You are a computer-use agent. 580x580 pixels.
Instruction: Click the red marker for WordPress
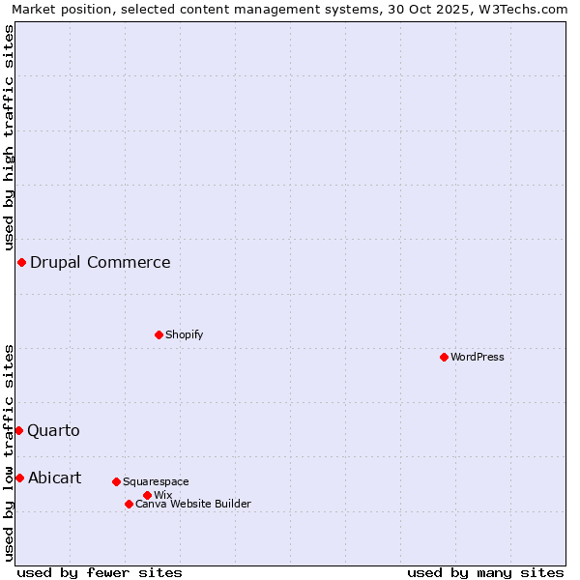pos(444,357)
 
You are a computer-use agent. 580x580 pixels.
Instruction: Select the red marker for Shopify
pos(159,334)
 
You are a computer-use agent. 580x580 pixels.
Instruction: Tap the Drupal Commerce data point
pos(21,262)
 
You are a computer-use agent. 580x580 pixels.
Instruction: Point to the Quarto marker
pos(18,430)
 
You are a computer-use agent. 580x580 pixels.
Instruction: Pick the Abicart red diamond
pos(19,478)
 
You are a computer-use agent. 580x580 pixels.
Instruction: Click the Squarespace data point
pos(116,481)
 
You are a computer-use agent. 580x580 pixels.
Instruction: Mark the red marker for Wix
pos(147,495)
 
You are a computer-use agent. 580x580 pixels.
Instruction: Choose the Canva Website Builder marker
pos(129,504)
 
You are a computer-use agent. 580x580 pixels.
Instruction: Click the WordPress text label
pos(478,357)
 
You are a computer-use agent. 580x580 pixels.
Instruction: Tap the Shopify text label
pos(185,334)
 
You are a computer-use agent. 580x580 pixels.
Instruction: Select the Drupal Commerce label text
pos(101,262)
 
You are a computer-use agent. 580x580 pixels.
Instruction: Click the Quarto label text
pos(54,430)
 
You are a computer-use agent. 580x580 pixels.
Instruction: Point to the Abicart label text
pos(55,478)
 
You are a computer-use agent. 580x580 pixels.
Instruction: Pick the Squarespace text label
pos(157,481)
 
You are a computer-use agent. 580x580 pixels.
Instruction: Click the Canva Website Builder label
pos(193,504)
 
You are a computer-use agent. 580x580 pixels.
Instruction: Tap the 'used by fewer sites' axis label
pos(100,572)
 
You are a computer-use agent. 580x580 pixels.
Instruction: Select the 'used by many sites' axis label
pos(485,572)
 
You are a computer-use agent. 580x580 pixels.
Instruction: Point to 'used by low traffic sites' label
pos(9,452)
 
